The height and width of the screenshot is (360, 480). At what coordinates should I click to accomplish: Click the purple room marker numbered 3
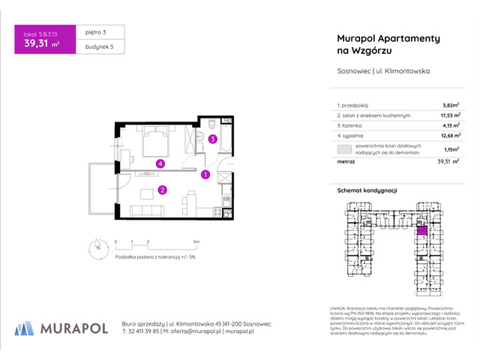pyautogui.click(x=212, y=139)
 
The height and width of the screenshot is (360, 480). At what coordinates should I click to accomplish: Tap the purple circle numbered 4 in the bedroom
pyautogui.click(x=159, y=163)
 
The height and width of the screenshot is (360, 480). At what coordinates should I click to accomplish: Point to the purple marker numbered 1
pyautogui.click(x=205, y=175)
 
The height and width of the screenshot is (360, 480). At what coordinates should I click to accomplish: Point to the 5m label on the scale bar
pyautogui.click(x=196, y=242)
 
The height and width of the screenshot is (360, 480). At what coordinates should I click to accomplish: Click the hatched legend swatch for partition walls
pyautogui.click(x=344, y=149)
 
